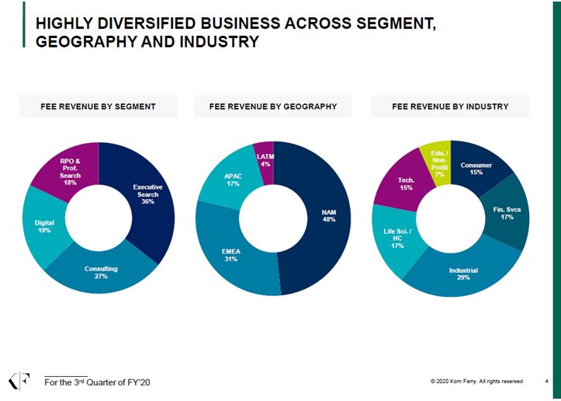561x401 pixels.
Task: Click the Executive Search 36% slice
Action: coord(147,194)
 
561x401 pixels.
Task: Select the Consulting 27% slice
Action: coord(101,273)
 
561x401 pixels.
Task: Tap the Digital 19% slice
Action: coord(45,226)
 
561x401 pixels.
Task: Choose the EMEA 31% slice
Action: coord(230,255)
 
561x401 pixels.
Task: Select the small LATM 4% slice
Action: coord(265,159)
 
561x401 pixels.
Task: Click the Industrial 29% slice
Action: coord(463,274)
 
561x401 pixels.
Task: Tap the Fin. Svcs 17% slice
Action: coord(507,213)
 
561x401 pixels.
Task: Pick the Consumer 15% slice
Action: coord(476,168)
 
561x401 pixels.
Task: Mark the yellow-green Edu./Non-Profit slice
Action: coord(439,160)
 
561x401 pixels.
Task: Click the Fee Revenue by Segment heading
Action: coord(99,106)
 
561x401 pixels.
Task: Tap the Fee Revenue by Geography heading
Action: coord(273,106)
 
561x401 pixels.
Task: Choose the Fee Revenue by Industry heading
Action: coord(450,106)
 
